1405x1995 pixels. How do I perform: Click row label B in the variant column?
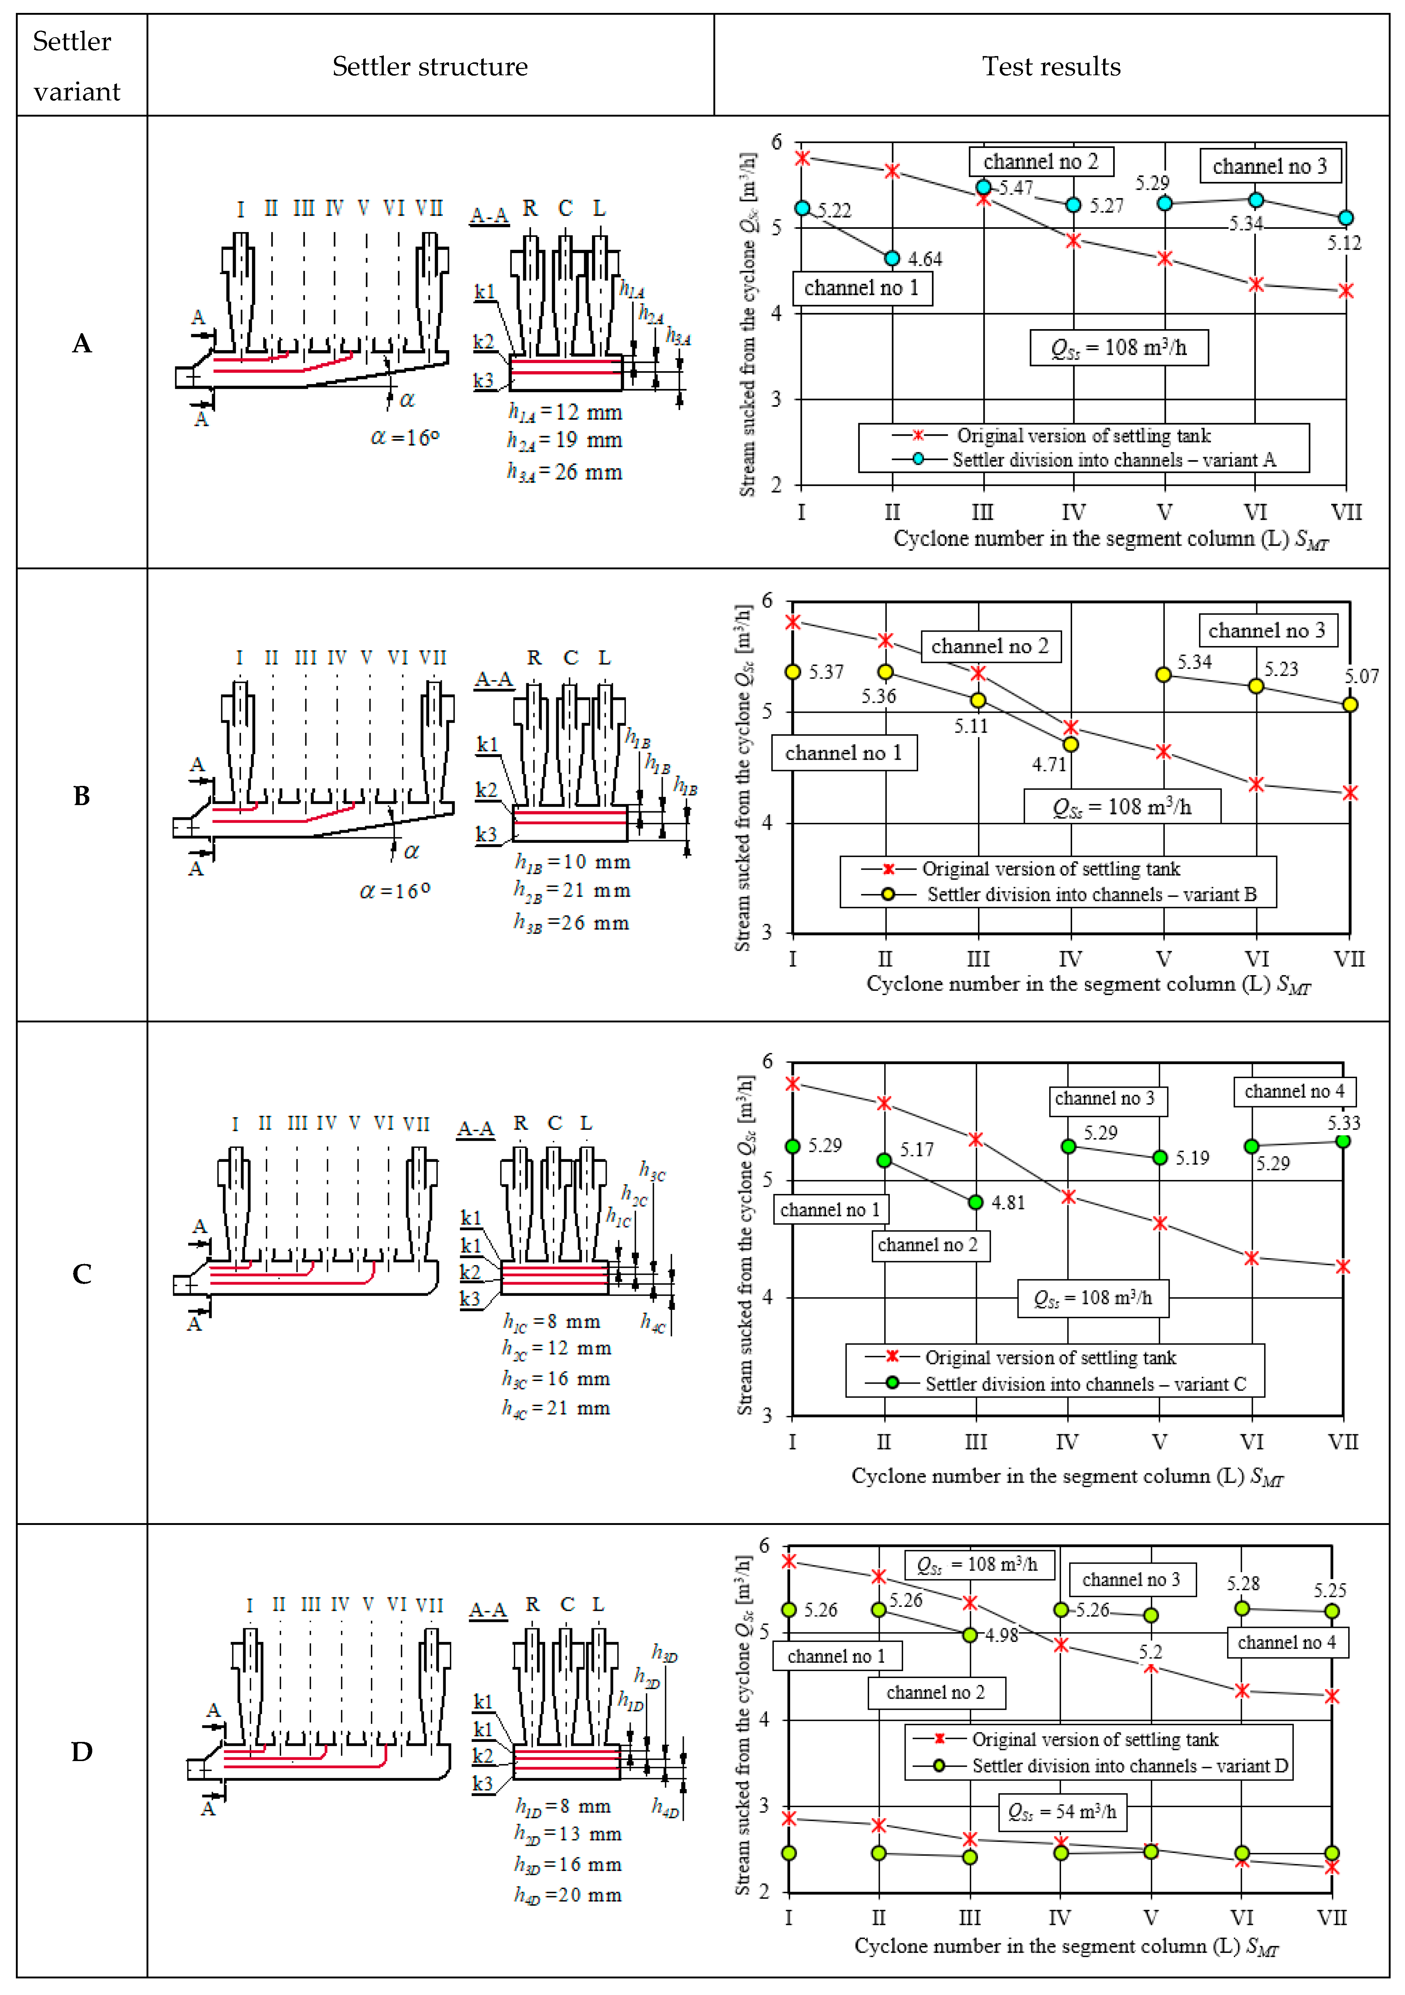click(82, 795)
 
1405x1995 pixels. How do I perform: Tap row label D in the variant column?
click(82, 1751)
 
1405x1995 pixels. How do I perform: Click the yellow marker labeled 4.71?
click(1071, 745)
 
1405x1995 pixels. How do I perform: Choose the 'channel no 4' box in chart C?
click(1294, 1091)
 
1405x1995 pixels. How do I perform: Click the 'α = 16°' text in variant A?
click(405, 437)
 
